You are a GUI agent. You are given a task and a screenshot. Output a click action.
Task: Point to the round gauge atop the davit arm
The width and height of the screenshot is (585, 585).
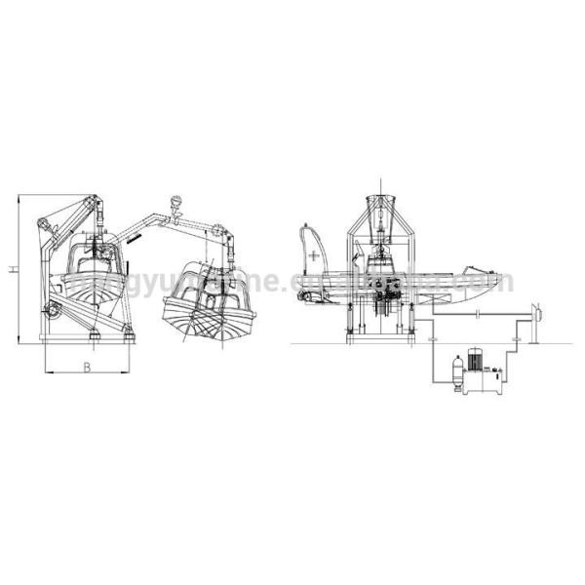[175, 203]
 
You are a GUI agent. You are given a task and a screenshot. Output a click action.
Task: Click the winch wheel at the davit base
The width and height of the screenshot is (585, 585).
[54, 310]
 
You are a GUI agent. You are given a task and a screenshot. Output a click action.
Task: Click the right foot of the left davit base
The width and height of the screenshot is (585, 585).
[128, 337]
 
